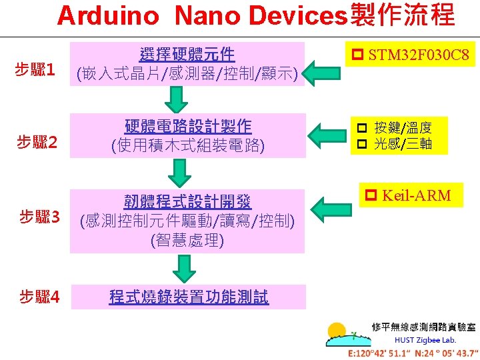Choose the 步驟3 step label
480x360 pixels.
pos(39,217)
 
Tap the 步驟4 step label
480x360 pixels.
pos(39,297)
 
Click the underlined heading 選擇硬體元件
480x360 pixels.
pos(187,53)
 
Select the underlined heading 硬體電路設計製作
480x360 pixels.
pos(188,126)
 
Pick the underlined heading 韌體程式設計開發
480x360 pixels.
pos(187,201)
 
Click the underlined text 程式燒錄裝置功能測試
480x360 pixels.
pos(189,297)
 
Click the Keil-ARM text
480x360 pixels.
pos(409,195)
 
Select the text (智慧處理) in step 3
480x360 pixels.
pos(187,240)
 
